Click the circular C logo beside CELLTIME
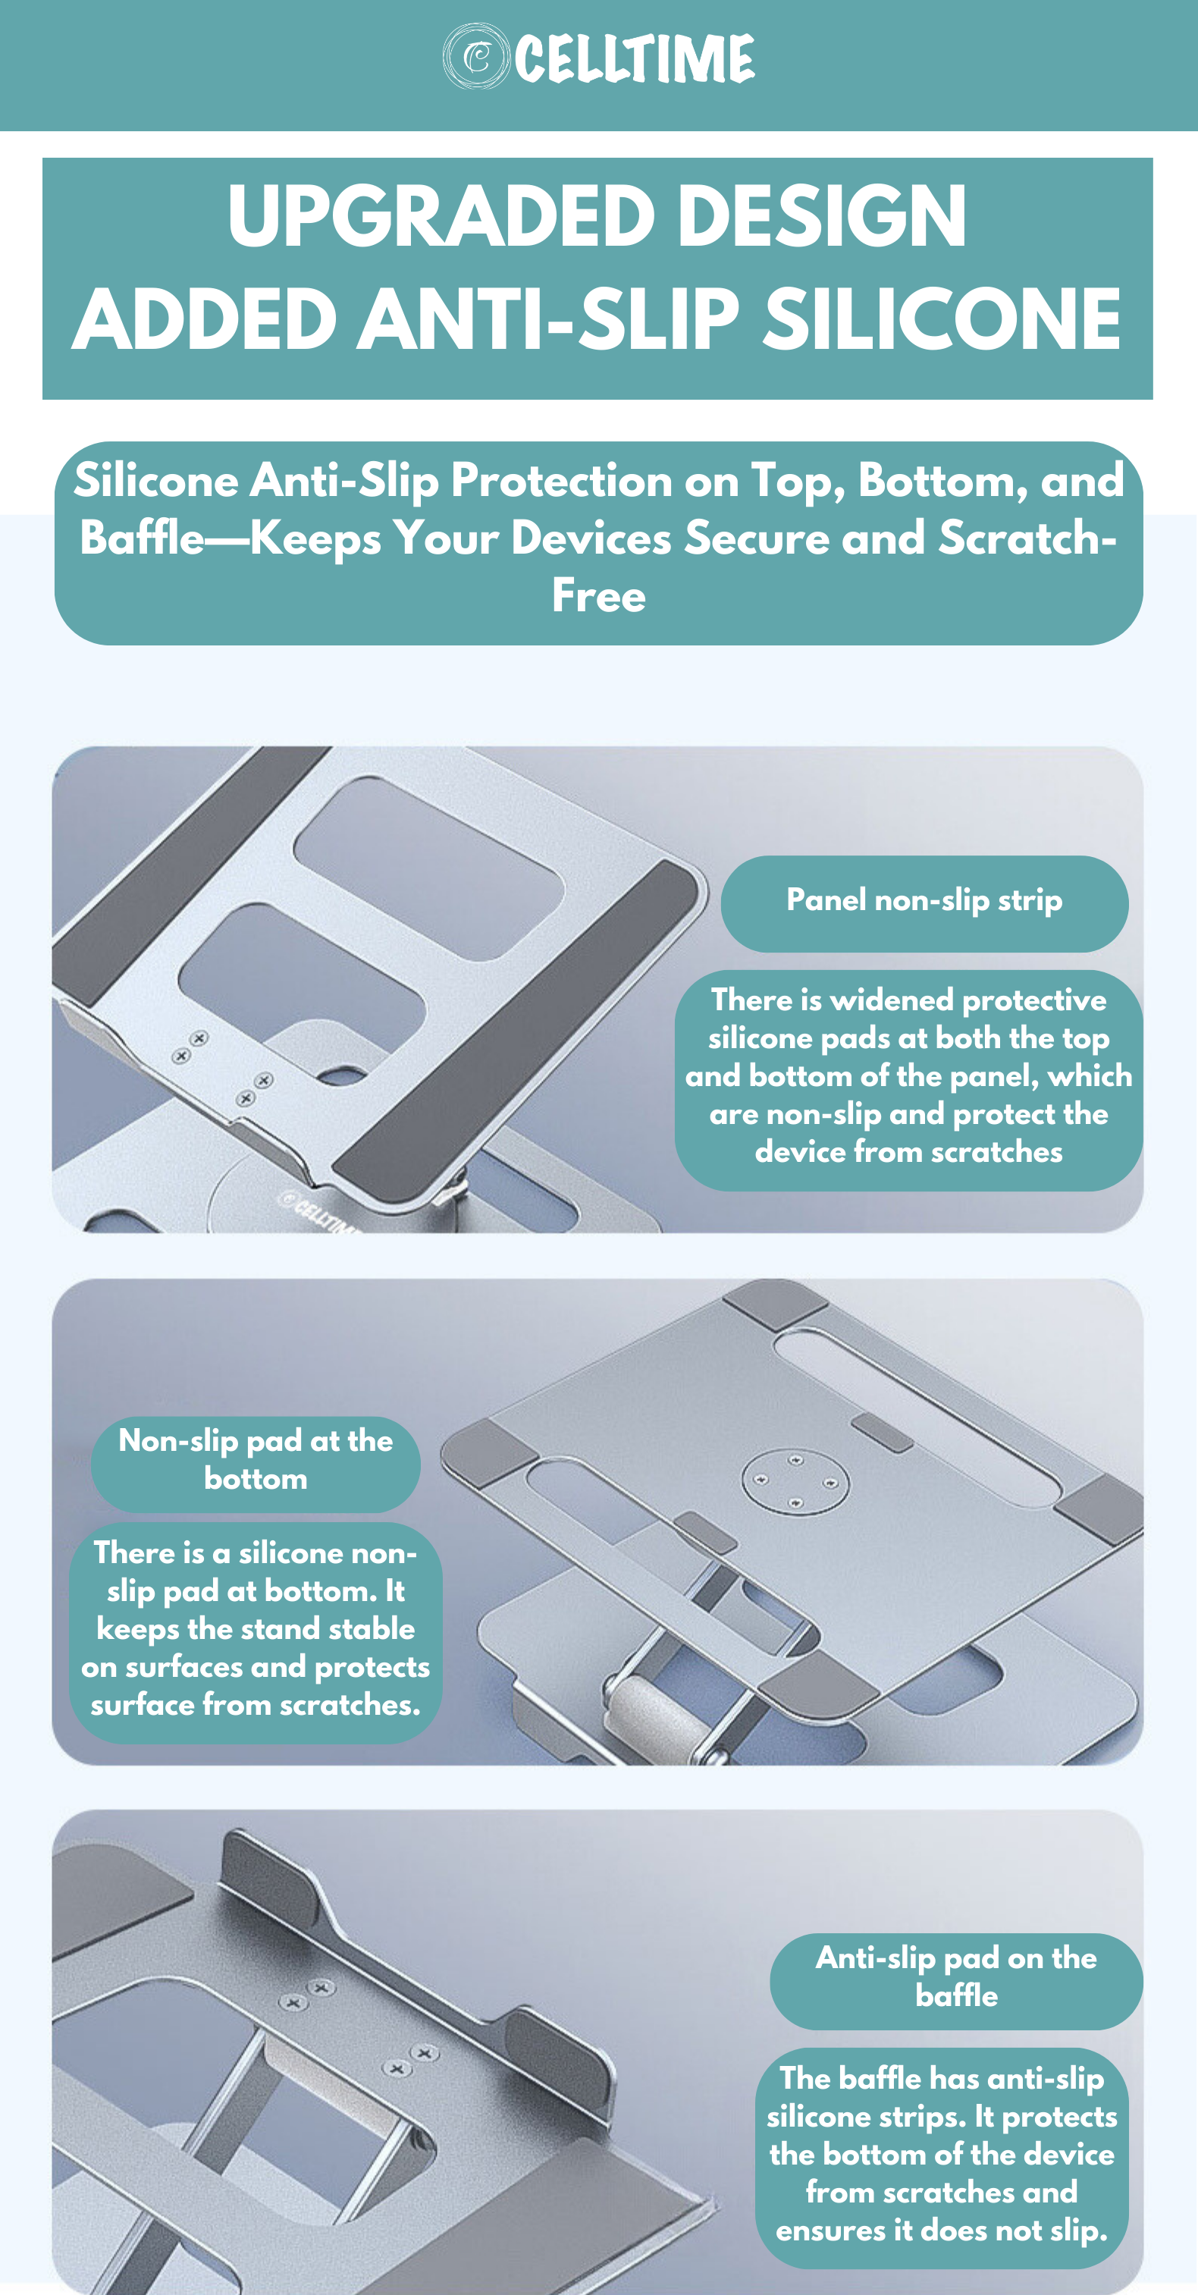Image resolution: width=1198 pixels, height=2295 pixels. tap(475, 57)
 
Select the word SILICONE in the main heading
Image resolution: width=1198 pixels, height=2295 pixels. tap(942, 319)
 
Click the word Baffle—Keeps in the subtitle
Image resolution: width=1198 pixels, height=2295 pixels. tap(231, 539)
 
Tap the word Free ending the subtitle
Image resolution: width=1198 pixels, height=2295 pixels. tap(598, 596)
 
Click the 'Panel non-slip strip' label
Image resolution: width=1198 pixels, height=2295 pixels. tap(924, 902)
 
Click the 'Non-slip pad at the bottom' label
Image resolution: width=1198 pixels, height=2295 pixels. tap(256, 1460)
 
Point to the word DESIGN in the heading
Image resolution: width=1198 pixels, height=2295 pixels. tap(822, 215)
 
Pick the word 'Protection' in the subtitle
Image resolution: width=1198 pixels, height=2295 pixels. tap(561, 481)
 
